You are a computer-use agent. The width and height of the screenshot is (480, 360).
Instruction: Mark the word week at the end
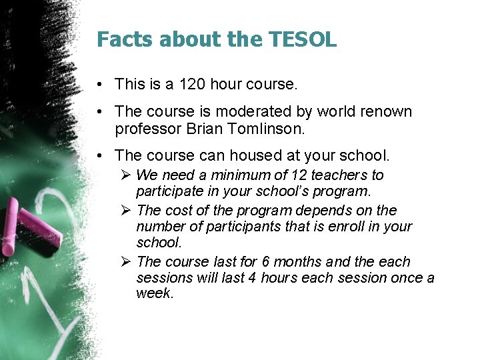154,294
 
